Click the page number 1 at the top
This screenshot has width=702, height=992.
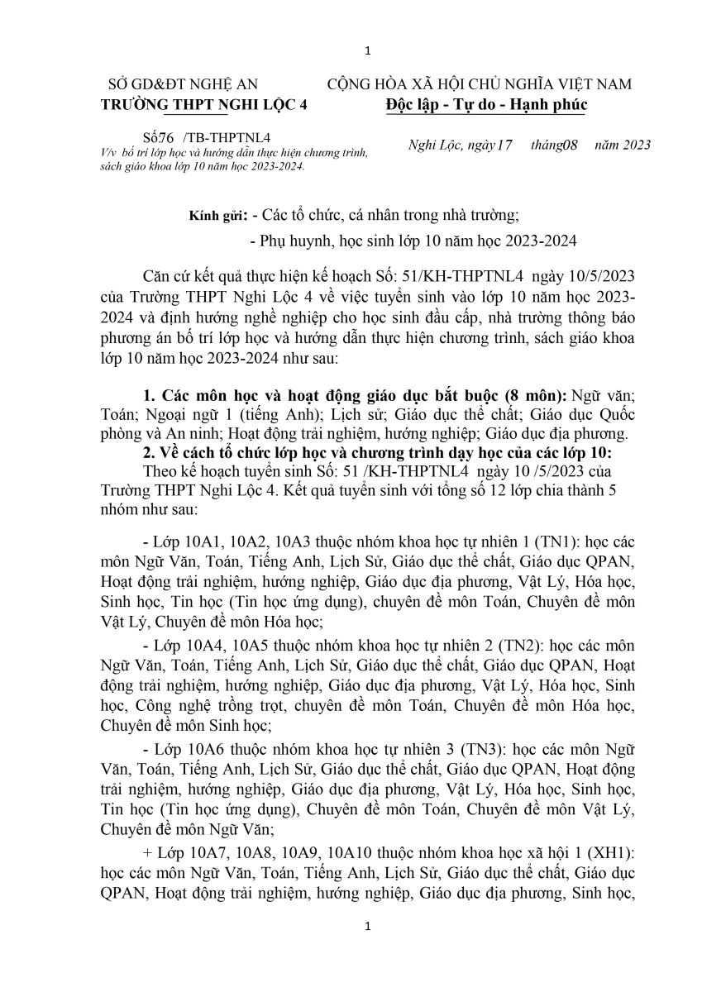(368, 52)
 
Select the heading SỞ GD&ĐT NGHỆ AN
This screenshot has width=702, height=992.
(184, 84)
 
